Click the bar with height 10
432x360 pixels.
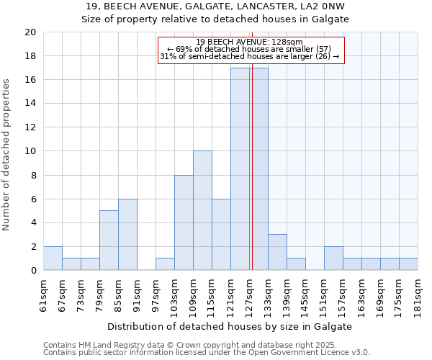pyautogui.click(x=202, y=210)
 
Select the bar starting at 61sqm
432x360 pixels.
pyautogui.click(x=53, y=258)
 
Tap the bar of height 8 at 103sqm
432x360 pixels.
pyautogui.click(x=184, y=222)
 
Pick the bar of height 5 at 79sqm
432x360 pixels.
pyautogui.click(x=109, y=240)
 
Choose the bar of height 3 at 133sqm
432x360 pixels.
pyautogui.click(x=277, y=252)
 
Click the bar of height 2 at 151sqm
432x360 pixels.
pyautogui.click(x=333, y=258)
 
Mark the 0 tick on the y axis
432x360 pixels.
pyautogui.click(x=32, y=270)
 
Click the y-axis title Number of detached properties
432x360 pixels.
pyautogui.click(x=7, y=155)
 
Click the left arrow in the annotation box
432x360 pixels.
pyautogui.click(x=170, y=48)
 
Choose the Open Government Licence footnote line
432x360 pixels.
pyautogui.click(x=206, y=353)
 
